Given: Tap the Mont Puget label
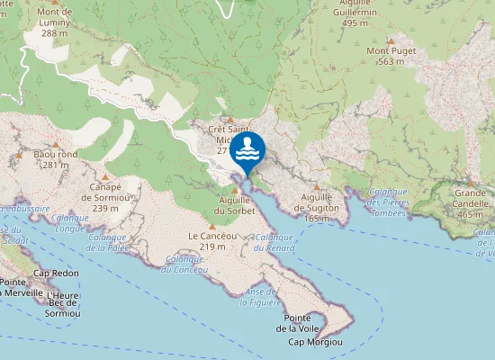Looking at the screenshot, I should click(391, 57).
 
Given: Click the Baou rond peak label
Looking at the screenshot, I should click(56, 159).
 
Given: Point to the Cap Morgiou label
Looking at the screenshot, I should click(315, 342).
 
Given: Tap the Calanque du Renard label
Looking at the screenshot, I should click(274, 241).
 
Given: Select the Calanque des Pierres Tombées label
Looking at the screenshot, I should click(388, 196).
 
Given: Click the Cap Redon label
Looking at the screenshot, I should click(56, 273).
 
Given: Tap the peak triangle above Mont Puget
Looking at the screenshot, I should click(391, 40).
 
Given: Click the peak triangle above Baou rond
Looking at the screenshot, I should click(56, 143).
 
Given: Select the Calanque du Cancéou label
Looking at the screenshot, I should click(184, 264).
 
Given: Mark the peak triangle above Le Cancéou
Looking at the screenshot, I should click(212, 226).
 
